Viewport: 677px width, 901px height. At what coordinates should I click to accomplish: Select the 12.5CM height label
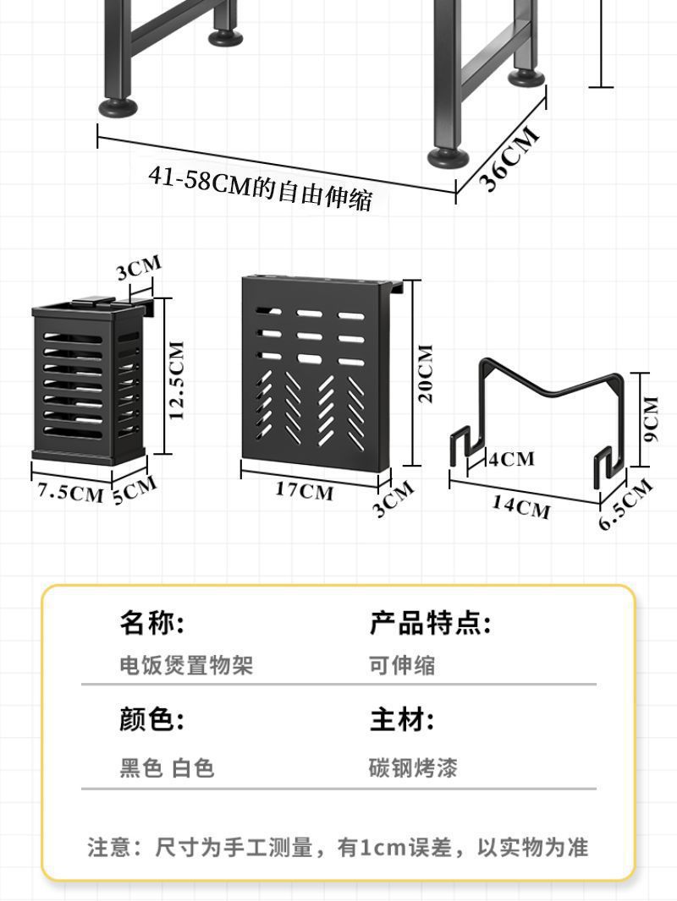point(177,380)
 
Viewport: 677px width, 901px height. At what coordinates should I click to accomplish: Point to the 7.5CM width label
point(69,492)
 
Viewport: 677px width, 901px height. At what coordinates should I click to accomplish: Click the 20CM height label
point(426,373)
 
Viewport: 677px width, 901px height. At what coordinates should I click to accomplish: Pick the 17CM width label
point(305,491)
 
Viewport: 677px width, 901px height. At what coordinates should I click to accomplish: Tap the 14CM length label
point(521,506)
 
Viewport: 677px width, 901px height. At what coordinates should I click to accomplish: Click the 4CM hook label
point(512,458)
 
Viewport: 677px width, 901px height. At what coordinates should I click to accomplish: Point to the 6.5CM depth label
point(626,505)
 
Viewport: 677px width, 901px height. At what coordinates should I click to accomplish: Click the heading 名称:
point(151,624)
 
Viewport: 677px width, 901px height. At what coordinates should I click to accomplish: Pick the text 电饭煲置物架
point(186,665)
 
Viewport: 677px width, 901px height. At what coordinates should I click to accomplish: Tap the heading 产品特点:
point(430,624)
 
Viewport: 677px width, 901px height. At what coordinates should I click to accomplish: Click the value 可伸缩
point(402,665)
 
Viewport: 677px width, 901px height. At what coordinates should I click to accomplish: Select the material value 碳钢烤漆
point(413,768)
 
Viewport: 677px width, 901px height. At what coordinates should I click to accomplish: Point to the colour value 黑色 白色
point(167,768)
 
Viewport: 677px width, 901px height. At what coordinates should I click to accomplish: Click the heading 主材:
point(401,720)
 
